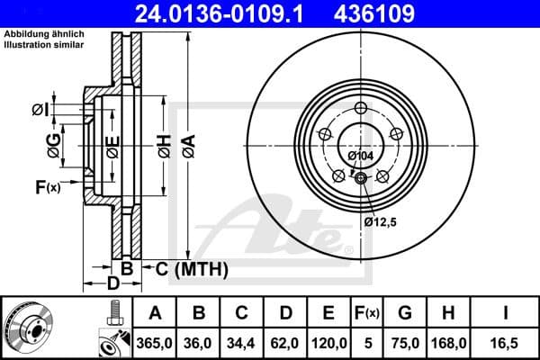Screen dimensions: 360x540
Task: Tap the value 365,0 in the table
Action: click(x=155, y=342)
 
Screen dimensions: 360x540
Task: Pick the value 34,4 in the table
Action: click(x=242, y=342)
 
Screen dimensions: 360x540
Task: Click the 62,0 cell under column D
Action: click(x=285, y=342)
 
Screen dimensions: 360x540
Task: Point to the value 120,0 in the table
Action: click(x=328, y=342)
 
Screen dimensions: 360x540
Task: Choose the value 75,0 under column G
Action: click(x=405, y=342)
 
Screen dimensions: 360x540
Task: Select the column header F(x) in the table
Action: click(x=367, y=313)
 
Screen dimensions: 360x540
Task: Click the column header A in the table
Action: click(x=155, y=313)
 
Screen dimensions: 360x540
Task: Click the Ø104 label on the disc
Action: click(x=360, y=156)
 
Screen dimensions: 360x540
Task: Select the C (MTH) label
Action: click(x=192, y=269)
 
